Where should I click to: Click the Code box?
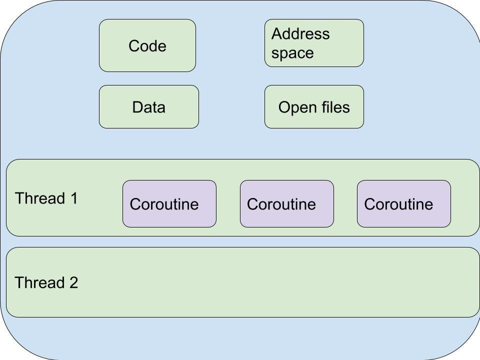(147, 45)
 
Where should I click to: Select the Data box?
(148, 106)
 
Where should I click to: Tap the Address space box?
(314, 43)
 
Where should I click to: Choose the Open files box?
(314, 106)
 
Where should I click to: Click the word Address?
(300, 34)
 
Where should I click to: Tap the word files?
(334, 107)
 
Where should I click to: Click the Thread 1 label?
(46, 198)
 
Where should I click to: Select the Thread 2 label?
(46, 283)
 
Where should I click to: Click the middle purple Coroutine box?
(286, 203)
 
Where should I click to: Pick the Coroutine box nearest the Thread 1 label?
(169, 203)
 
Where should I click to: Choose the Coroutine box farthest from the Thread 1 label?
(403, 203)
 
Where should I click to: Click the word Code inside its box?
(147, 46)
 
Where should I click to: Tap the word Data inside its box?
(148, 107)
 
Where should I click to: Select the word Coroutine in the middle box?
(281, 204)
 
